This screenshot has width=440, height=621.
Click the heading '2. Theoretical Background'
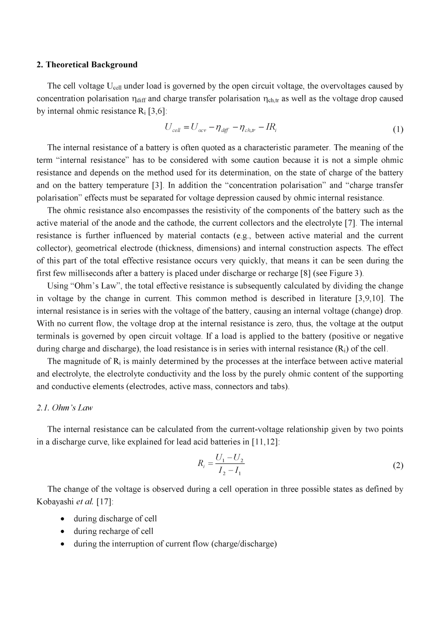(x=87, y=65)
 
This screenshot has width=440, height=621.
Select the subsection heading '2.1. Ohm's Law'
(x=65, y=408)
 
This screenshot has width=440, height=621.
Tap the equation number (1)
(x=397, y=130)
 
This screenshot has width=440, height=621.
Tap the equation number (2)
(x=397, y=465)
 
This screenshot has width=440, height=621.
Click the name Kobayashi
(x=53, y=502)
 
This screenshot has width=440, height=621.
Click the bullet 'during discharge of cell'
(x=115, y=519)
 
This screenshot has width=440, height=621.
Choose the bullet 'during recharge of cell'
(x=113, y=531)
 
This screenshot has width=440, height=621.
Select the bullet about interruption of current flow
(x=175, y=544)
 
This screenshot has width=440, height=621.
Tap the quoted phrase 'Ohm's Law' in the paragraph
(x=95, y=286)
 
